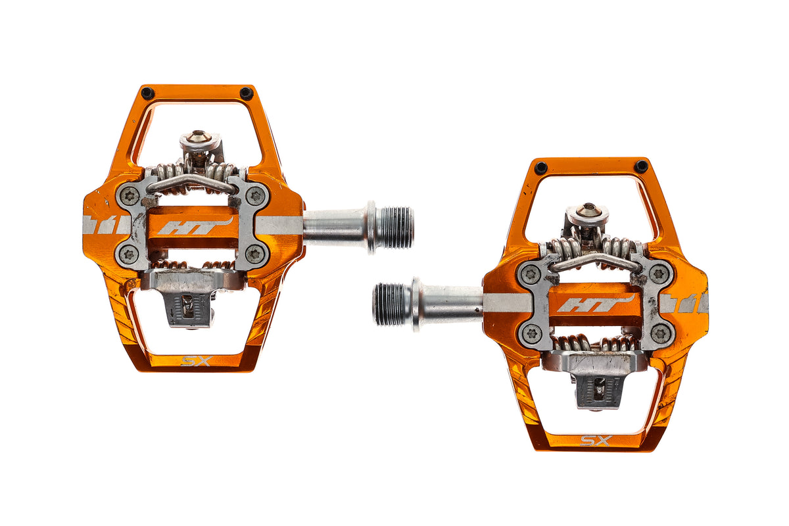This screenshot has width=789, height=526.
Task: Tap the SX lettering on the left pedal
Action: point(197,361)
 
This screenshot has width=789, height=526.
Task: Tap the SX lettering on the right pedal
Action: point(596,441)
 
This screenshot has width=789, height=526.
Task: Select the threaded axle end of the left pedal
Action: point(395,227)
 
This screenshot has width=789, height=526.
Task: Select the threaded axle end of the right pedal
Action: point(392,304)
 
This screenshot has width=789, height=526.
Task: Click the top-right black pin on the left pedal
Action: point(246,93)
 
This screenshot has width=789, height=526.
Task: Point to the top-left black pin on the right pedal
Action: point(540,168)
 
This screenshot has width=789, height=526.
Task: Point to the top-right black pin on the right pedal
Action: point(641,166)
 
